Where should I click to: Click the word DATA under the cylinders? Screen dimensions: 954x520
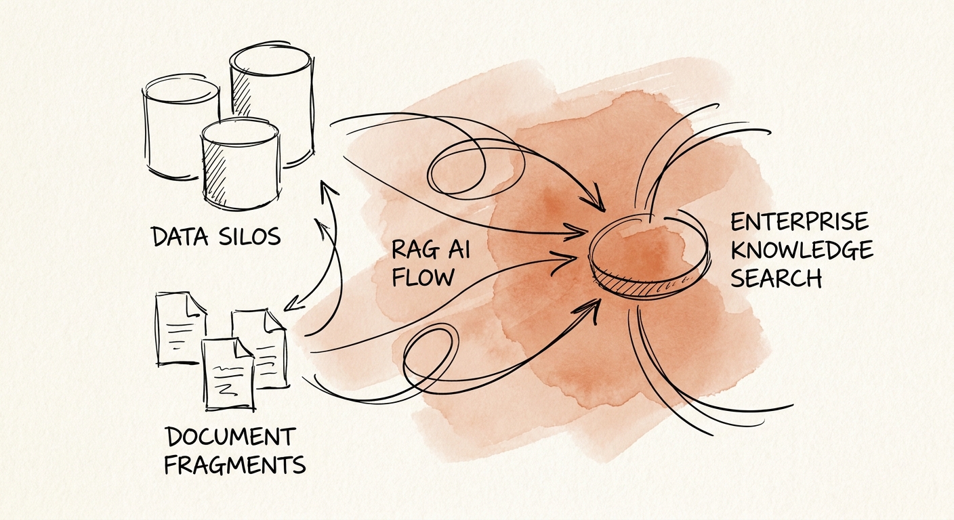(181, 236)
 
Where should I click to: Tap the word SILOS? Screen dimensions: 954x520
(250, 236)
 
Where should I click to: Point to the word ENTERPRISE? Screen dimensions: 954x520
(800, 221)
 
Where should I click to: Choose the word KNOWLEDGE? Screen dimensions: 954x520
(802, 250)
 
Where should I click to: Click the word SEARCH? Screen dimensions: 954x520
(776, 278)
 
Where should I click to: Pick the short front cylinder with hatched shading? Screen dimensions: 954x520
(241, 166)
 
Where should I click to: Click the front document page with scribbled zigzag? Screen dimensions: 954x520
(229, 374)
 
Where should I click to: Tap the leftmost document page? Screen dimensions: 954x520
(179, 330)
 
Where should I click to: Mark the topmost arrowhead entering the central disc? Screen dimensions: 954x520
(596, 202)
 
